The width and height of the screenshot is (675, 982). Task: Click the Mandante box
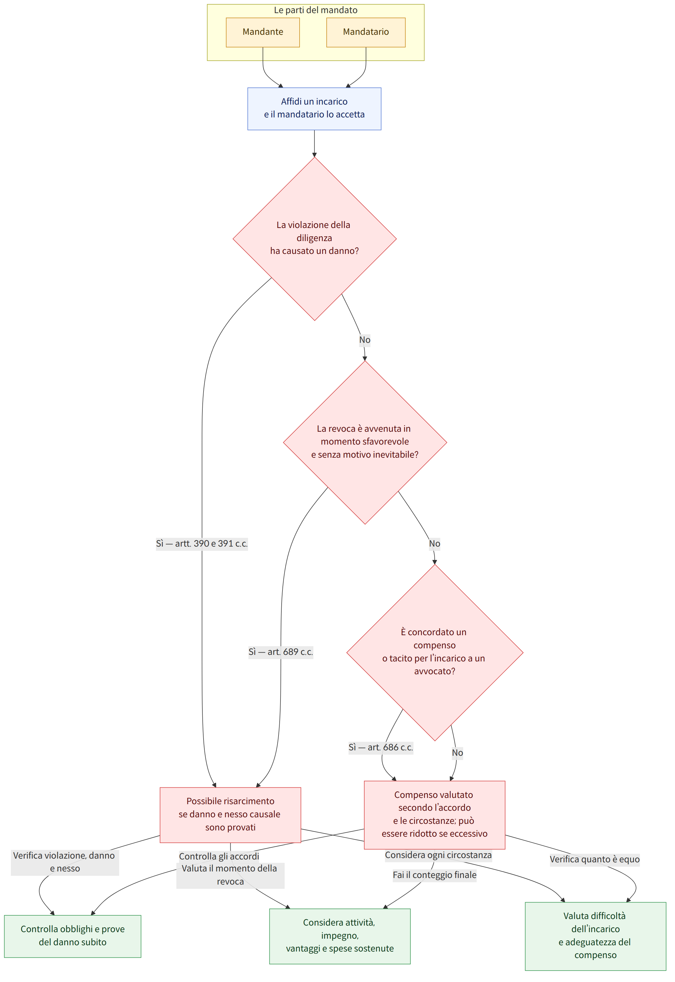(x=263, y=32)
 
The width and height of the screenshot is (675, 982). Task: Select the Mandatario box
(x=366, y=32)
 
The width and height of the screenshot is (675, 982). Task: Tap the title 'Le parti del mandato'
(x=316, y=10)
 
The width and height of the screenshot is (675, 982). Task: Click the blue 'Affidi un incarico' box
(x=314, y=109)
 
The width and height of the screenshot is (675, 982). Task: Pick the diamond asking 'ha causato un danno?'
(x=314, y=239)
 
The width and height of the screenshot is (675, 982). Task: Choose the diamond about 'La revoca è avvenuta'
(x=365, y=443)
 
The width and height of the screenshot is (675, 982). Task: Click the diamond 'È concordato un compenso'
(x=435, y=653)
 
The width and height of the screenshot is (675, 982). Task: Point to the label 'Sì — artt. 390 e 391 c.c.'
(x=202, y=544)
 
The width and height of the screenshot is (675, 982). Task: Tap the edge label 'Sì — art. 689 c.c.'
(x=281, y=652)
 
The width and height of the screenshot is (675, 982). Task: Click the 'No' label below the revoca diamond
(x=434, y=544)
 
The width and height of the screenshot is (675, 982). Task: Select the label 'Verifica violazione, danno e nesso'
(x=65, y=862)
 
